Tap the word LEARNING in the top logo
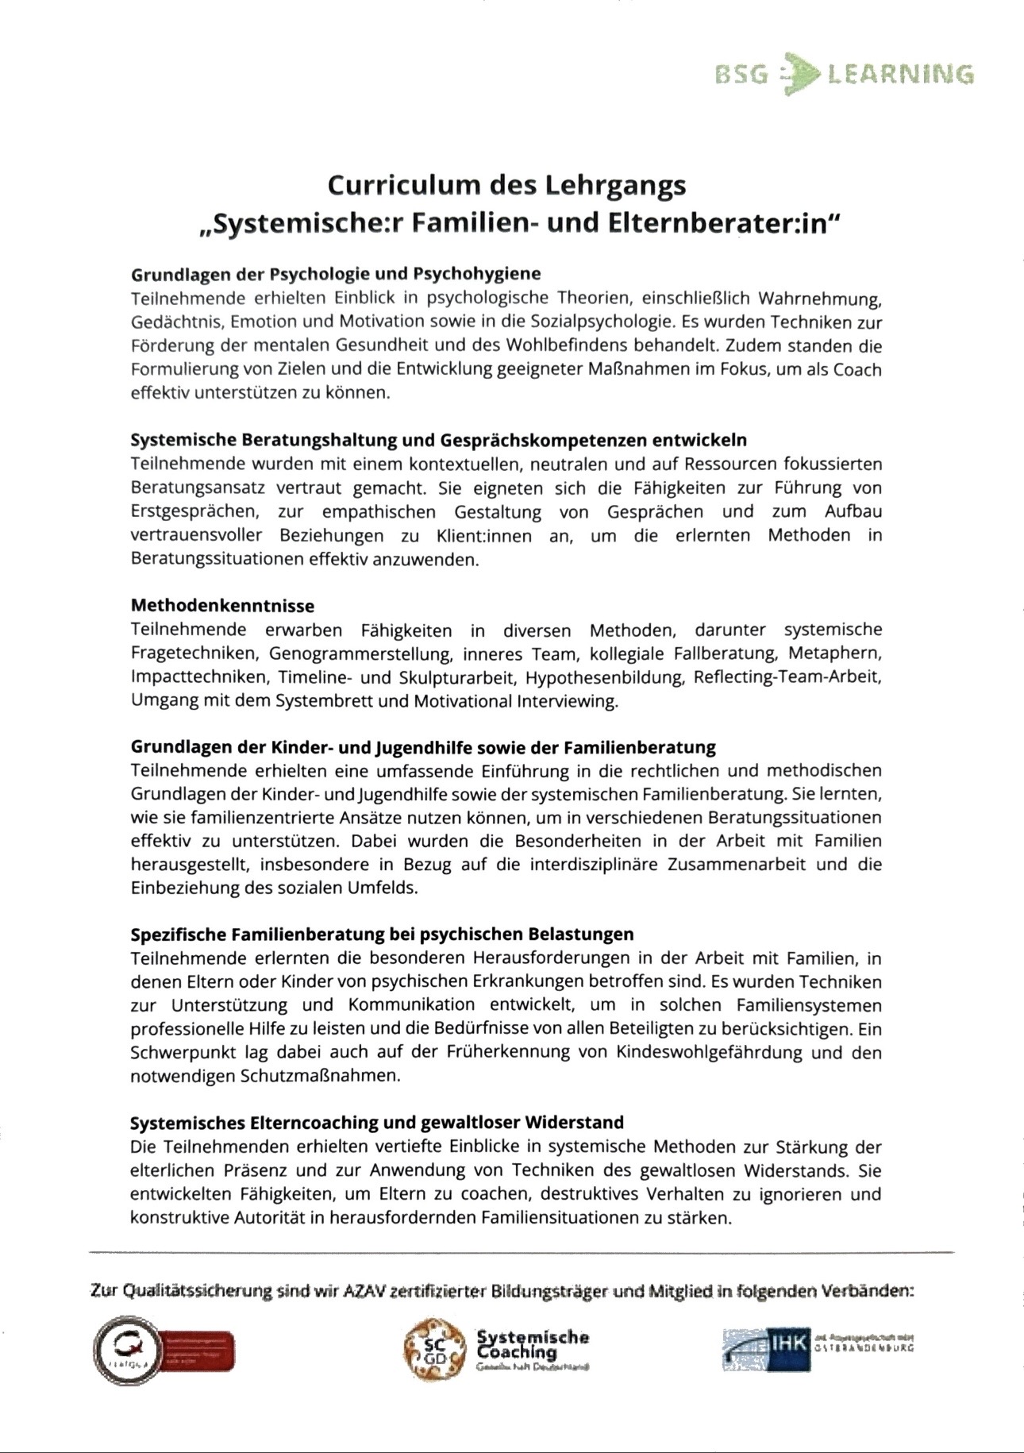pyautogui.click(x=900, y=75)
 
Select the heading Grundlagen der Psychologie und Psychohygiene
pyautogui.click(x=336, y=274)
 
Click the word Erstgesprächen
pyautogui.click(x=194, y=511)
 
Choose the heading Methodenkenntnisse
pyautogui.click(x=222, y=606)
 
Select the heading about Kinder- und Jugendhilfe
pyautogui.click(x=423, y=747)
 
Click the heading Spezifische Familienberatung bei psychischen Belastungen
pyautogui.click(x=382, y=934)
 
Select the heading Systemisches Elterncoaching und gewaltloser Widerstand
pyautogui.click(x=377, y=1123)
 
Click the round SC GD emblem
pyautogui.click(x=433, y=1347)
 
